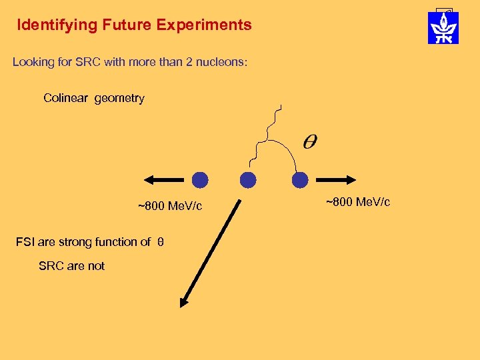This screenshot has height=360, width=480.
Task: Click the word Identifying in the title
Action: click(57, 25)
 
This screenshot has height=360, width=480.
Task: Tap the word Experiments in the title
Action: click(205, 25)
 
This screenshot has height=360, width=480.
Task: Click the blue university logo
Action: click(443, 27)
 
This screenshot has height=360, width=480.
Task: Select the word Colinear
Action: click(66, 98)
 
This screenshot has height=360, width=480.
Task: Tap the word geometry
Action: click(119, 99)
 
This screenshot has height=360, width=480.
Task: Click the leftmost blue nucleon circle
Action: click(200, 180)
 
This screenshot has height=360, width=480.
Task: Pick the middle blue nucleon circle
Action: click(248, 180)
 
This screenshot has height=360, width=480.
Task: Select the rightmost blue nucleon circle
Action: click(300, 180)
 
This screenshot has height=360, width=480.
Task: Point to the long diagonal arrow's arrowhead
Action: click(185, 301)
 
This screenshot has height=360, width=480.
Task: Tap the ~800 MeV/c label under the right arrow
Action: click(358, 201)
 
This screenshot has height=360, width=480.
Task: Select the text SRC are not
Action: click(71, 266)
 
